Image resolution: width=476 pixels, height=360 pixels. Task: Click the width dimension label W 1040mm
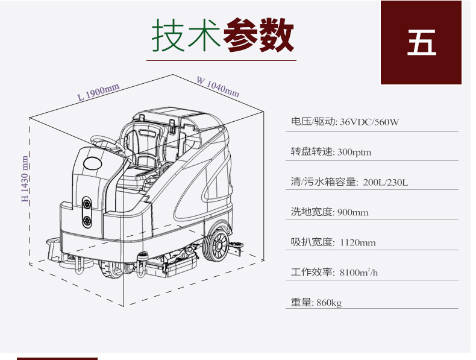[x=218, y=87]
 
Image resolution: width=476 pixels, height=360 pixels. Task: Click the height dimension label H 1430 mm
[x=25, y=178]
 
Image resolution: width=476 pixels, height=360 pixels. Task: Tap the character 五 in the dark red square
[x=421, y=42]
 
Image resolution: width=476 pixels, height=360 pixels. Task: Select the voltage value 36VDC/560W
[x=369, y=122]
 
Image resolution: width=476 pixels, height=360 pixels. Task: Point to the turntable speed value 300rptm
[x=354, y=152]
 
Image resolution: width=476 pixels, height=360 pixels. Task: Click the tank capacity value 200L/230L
[x=386, y=182]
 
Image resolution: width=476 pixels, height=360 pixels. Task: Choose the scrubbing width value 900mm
[x=352, y=212]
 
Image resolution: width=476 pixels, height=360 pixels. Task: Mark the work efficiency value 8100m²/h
[x=359, y=273]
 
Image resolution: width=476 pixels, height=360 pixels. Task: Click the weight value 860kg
[x=328, y=303]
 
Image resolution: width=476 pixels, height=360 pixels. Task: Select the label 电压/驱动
[x=313, y=122]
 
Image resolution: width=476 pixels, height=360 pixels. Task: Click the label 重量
[x=302, y=303]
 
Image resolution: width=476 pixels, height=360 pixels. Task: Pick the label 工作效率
[x=312, y=273]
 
